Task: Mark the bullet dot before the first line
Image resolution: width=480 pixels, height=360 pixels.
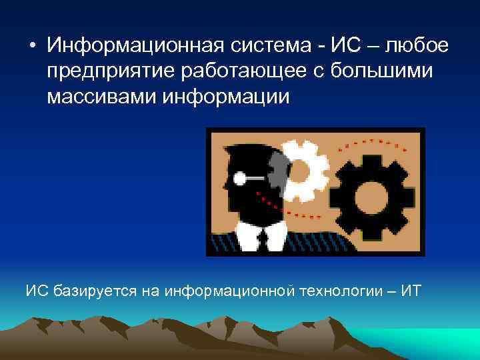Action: pos(31,47)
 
